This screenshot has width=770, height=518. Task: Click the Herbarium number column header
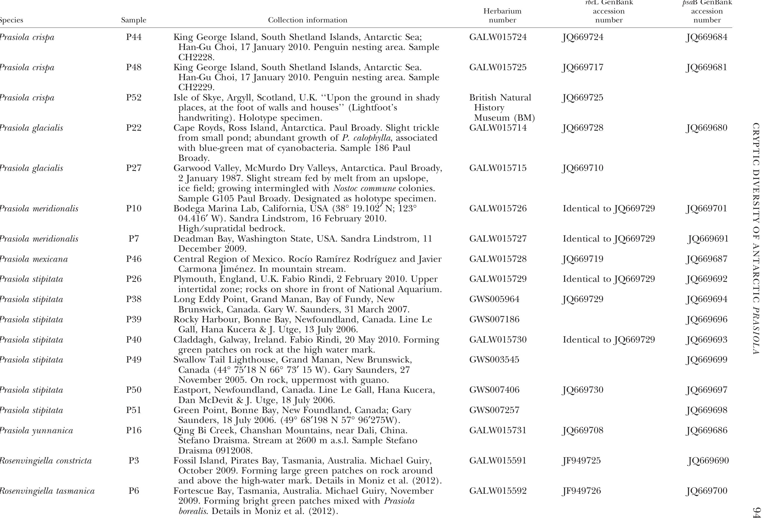(502, 16)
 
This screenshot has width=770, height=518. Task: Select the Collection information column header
(307, 20)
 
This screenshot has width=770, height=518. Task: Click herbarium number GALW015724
(497, 37)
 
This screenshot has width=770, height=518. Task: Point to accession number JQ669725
(582, 98)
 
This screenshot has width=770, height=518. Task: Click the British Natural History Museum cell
(501, 108)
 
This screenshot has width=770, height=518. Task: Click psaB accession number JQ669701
(706, 209)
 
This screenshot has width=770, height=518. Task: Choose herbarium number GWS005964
(494, 299)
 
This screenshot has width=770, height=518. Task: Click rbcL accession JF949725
(581, 461)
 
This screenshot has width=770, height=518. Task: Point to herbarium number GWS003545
(494, 360)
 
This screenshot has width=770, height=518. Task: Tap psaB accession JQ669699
(706, 360)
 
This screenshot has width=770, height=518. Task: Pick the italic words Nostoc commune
(364, 188)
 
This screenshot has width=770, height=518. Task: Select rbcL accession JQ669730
(582, 390)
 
